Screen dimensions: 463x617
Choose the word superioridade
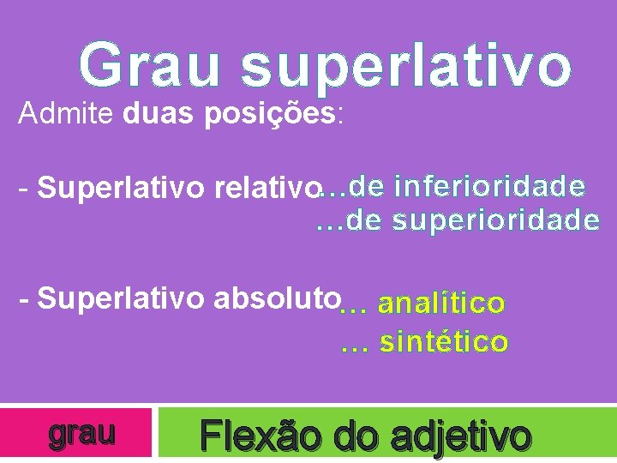pyautogui.click(x=496, y=220)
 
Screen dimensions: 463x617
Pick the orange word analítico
pyautogui.click(x=441, y=304)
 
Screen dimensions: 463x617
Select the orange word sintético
pyautogui.click(x=444, y=343)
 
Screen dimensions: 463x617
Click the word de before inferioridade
pyautogui.click(x=368, y=185)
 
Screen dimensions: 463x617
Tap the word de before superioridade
pyautogui.click(x=366, y=220)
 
